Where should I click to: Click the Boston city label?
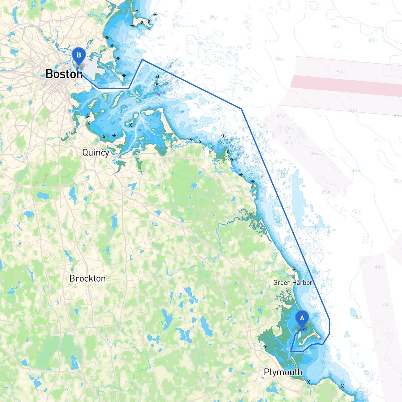coord(64,74)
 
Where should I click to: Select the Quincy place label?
coord(95,153)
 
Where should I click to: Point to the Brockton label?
coord(87,279)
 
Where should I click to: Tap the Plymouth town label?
coord(283,372)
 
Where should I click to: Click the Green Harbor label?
coord(293,283)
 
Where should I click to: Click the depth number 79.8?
coord(334,27)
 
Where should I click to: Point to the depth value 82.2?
coord(341,72)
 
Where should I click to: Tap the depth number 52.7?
coord(375,4)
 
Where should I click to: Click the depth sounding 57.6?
coord(396,231)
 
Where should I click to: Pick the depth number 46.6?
coord(356,211)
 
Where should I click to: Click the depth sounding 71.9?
coord(378,140)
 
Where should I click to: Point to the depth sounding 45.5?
coord(247,23)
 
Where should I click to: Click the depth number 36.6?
coord(213,17)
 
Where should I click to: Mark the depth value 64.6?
coord(280,59)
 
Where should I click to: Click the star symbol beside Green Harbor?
coord(294,269)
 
